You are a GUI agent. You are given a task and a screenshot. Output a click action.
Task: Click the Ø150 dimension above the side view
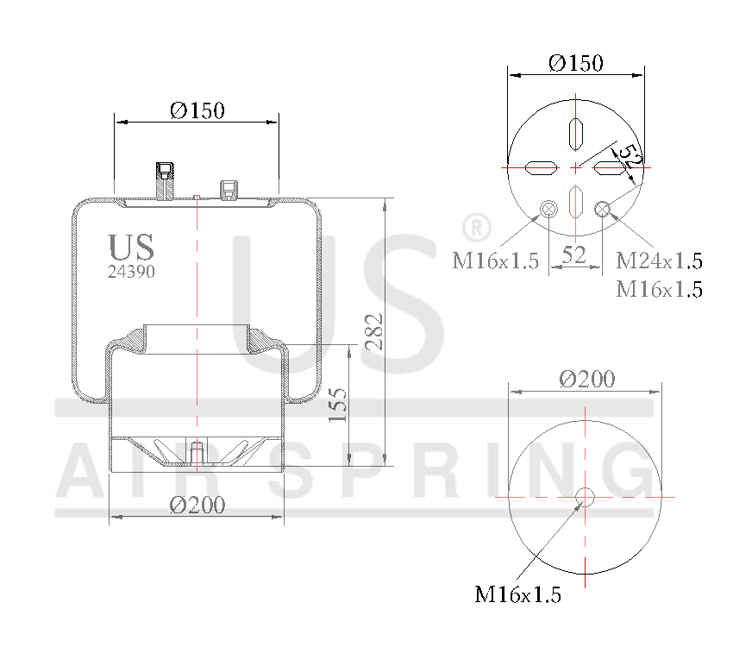(197, 110)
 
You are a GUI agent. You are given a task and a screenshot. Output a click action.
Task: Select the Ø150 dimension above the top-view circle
(576, 63)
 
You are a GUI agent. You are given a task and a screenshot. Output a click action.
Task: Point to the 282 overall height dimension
(373, 330)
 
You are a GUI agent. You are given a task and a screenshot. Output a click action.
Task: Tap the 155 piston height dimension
(338, 405)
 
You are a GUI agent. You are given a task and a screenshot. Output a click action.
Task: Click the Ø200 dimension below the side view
(197, 505)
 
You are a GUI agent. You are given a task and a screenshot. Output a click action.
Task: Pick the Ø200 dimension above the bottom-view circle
(586, 379)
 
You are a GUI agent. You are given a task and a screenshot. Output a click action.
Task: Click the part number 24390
(131, 271)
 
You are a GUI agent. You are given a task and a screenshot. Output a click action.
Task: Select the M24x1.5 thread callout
(659, 261)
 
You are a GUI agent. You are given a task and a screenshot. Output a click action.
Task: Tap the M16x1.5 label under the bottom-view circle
(517, 594)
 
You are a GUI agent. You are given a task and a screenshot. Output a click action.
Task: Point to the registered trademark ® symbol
(475, 228)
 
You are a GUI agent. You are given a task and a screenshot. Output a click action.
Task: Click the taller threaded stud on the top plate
(165, 179)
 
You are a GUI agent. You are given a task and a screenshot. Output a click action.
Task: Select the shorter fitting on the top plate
(229, 188)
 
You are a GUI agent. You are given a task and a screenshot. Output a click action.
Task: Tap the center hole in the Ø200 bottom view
(586, 497)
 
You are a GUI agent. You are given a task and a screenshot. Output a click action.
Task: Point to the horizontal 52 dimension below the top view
(574, 254)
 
